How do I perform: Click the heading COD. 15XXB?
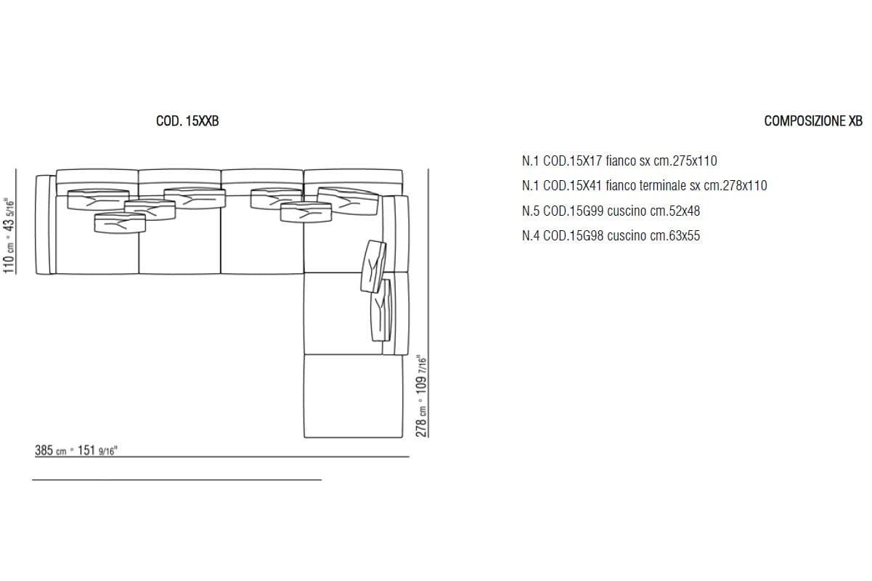coord(187,121)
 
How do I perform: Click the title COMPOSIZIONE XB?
coord(813,121)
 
